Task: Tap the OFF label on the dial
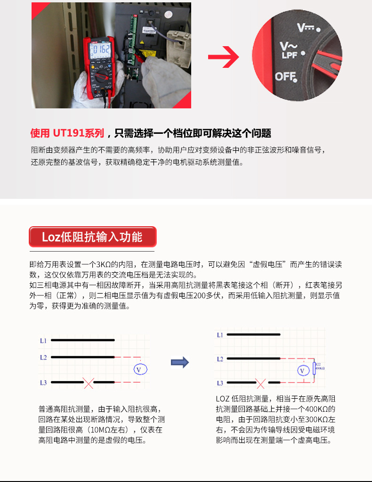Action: [x=286, y=76]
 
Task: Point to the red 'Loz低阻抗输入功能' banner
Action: [x=92, y=237]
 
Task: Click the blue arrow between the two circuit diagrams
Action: [x=179, y=362]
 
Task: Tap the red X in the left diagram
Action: [x=88, y=383]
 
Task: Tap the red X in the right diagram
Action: [x=261, y=384]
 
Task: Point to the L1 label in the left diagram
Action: [x=43, y=340]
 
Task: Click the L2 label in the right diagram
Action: [x=220, y=359]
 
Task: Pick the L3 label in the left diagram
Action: [x=43, y=383]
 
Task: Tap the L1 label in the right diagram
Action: [x=220, y=335]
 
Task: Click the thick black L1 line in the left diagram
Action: [x=82, y=340]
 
